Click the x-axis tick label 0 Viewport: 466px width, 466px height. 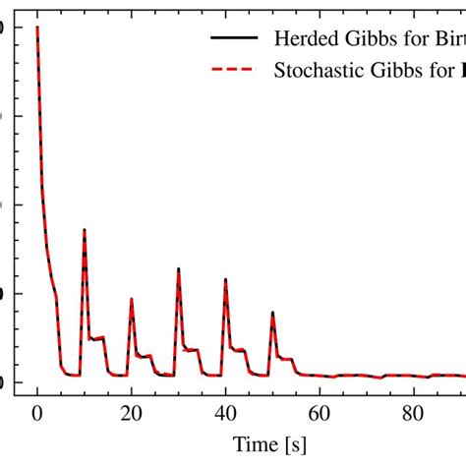[37, 415]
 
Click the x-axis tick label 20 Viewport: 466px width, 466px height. [132, 415]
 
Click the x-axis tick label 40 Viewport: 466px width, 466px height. [226, 415]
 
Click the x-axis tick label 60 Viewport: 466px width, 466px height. [320, 415]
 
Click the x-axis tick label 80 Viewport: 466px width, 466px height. [414, 415]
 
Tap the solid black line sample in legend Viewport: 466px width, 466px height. [233, 38]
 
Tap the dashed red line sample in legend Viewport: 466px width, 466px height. [233, 70]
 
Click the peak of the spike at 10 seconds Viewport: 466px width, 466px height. [85, 230]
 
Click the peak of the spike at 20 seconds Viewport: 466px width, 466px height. [132, 300]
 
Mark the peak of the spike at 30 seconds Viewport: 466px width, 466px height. [179, 268]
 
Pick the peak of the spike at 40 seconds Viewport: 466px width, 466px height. [226, 278]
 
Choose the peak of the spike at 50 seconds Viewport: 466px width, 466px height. [272, 313]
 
